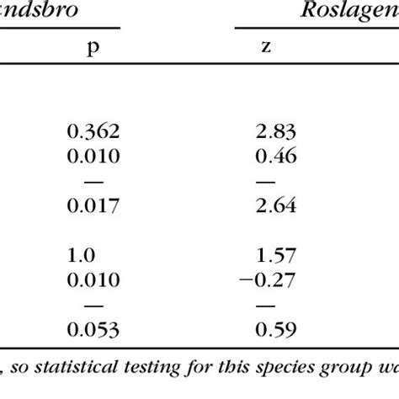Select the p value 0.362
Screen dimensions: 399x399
pos(93,131)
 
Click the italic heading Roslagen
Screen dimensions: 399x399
pos(346,12)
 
